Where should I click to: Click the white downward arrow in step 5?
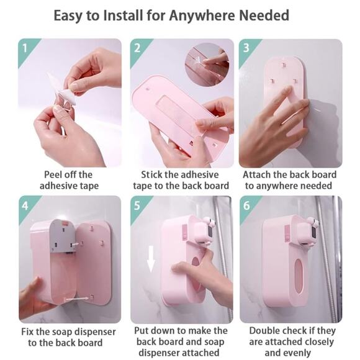[x=151, y=259]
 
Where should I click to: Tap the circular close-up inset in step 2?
[x=207, y=65]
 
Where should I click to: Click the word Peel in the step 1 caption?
[x=52, y=174]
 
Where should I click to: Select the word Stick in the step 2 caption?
[x=151, y=174]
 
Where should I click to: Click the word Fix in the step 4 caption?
[x=27, y=332]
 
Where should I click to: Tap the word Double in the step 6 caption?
[x=264, y=331]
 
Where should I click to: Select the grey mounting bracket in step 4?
[x=63, y=236]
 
